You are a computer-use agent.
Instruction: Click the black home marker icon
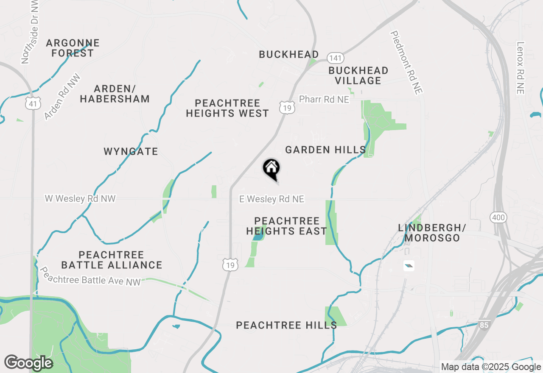point(271,168)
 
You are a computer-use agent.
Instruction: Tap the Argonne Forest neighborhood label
point(73,48)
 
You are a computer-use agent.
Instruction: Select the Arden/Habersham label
point(115,94)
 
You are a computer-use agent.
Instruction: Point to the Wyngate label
point(131,151)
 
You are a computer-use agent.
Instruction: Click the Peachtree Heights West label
point(227,108)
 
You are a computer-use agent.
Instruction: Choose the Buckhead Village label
point(358,75)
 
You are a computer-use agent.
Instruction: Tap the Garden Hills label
point(325,150)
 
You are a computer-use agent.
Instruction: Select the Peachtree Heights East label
point(287,226)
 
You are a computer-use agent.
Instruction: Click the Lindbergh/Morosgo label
point(432,233)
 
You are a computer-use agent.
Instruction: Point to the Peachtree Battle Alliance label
point(112,260)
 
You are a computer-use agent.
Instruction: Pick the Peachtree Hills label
point(286,325)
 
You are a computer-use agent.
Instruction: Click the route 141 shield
point(335,58)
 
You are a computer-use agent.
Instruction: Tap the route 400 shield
point(498,218)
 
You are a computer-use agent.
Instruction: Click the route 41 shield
point(32,103)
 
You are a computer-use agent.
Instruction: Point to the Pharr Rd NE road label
point(324,99)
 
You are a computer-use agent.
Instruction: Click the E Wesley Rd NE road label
point(271,199)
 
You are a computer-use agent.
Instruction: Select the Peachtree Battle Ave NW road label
point(90,276)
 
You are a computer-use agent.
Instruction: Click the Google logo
point(28,363)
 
